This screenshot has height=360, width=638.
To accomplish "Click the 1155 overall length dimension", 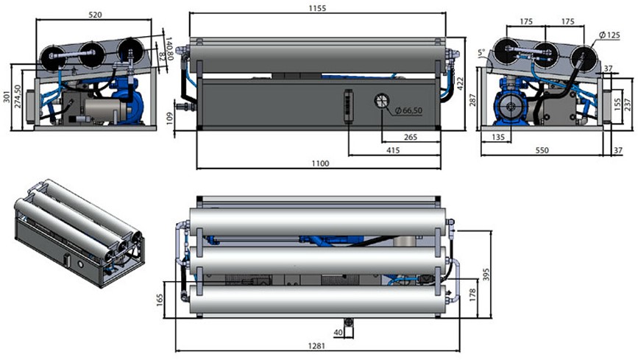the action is point(317,8).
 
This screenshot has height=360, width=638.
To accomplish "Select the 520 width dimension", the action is point(95,15).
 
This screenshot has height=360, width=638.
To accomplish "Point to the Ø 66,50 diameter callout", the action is point(408,110).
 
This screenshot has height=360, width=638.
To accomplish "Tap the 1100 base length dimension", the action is point(320,163).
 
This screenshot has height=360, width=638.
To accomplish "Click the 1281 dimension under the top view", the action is point(317,346).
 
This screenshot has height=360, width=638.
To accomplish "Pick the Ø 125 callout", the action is point(609,35).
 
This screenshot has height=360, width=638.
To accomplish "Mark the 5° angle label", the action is point(482,52).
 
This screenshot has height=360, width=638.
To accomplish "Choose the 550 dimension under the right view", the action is point(542,150).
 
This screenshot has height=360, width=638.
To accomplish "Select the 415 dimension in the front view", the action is point(393,150).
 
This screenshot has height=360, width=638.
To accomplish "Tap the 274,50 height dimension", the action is point(17,96).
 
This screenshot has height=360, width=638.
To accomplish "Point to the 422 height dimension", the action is point(460,84).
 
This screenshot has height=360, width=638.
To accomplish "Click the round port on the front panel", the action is point(382,100).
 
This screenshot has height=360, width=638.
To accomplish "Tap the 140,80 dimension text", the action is point(170,49).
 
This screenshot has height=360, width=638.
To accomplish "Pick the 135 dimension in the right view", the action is point(498,137).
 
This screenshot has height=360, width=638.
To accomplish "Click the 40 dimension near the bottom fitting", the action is point(338,332).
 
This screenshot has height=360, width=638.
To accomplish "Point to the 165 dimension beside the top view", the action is point(159,300).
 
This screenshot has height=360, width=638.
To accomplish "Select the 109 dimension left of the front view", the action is point(170,118).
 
